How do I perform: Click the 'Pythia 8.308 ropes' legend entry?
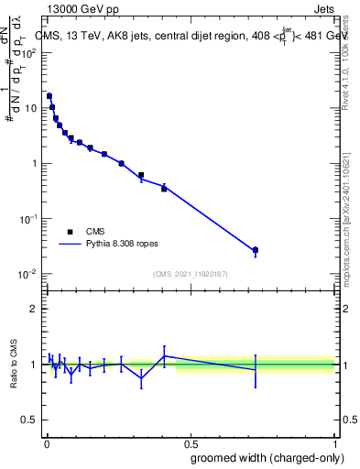point(112,245)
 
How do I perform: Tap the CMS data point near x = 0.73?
point(256,250)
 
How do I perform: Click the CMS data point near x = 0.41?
point(164,189)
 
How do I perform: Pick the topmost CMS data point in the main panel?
point(49,95)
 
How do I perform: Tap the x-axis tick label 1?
point(336,442)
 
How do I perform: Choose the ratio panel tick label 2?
point(33,309)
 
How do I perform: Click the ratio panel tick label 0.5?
point(29,420)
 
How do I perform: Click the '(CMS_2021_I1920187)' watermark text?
point(190,273)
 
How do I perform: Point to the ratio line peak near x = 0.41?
point(164,355)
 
